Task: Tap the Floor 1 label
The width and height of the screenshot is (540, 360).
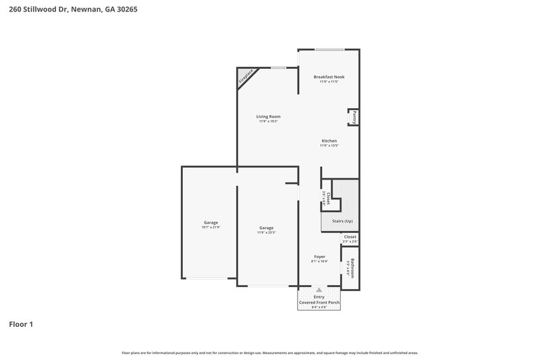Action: (21, 324)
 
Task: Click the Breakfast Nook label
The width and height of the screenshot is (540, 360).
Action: (329, 77)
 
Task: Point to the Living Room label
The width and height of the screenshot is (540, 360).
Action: (268, 117)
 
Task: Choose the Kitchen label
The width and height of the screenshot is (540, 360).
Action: (329, 140)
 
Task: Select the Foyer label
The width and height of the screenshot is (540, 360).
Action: (319, 256)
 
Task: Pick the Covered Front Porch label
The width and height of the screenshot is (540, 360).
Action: (319, 302)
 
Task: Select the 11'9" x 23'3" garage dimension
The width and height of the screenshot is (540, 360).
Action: (266, 232)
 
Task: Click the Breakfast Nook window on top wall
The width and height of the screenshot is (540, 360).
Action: (329, 49)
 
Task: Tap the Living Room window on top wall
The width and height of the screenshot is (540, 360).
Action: (277, 68)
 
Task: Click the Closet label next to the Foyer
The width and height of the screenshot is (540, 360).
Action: (350, 236)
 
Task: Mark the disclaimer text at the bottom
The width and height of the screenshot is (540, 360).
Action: (270, 353)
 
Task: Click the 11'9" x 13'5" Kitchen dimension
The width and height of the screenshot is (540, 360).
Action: (329, 145)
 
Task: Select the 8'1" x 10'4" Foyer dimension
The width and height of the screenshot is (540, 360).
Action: (319, 261)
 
